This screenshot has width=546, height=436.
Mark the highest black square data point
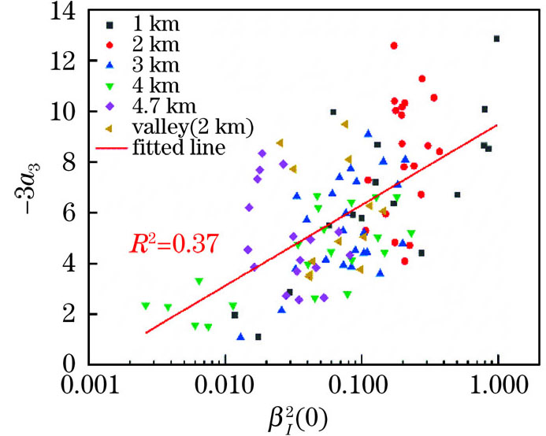[x=496, y=39]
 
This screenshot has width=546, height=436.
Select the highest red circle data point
[x=394, y=46]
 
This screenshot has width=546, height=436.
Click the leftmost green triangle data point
[x=146, y=305]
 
